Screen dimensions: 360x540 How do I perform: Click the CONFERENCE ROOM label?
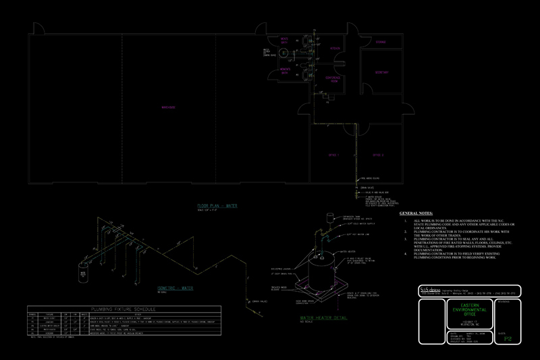point(332,79)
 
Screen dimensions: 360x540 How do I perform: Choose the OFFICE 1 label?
point(333,155)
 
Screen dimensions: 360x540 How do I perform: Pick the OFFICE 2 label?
point(378,155)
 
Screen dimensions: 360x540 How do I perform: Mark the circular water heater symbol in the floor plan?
point(284,52)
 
